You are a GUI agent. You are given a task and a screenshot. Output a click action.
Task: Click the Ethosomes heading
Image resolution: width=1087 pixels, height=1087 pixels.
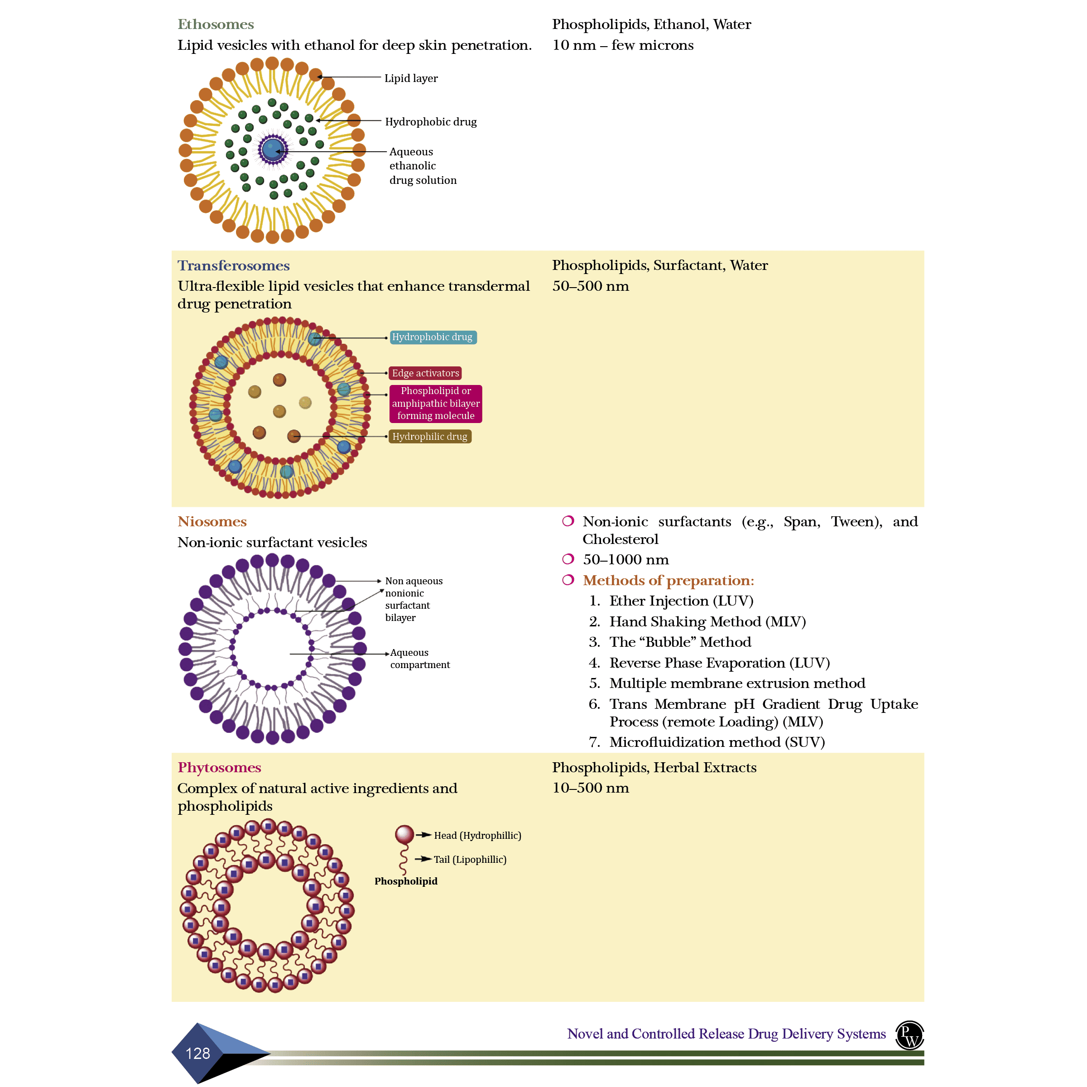tap(216, 24)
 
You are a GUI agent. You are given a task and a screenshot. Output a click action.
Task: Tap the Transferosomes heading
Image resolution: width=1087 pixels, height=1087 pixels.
tap(234, 265)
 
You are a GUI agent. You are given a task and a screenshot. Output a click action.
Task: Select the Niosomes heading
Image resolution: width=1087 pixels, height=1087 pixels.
tap(212, 522)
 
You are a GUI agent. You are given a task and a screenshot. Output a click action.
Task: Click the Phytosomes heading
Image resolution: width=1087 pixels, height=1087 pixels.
tap(219, 767)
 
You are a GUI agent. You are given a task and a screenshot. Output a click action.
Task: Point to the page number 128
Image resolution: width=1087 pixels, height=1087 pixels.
tap(197, 1053)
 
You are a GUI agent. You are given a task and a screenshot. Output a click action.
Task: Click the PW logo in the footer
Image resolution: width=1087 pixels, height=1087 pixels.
tap(909, 1035)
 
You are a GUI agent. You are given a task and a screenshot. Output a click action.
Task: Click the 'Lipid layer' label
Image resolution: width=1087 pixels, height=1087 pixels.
tap(411, 78)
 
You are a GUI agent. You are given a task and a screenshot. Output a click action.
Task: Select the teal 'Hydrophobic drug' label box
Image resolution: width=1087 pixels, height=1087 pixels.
tap(432, 337)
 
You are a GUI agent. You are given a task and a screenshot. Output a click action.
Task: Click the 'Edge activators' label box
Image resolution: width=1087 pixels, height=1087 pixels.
tap(425, 373)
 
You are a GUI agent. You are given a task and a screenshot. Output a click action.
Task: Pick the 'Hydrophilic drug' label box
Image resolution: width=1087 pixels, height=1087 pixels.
tap(430, 437)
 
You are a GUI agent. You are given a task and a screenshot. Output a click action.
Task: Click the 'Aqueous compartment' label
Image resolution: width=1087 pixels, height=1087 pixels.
tap(420, 658)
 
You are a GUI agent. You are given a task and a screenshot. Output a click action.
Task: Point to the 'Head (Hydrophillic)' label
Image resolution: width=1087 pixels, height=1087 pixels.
tap(477, 836)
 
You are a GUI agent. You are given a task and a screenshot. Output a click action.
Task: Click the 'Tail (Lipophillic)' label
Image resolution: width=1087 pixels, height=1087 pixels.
tap(470, 859)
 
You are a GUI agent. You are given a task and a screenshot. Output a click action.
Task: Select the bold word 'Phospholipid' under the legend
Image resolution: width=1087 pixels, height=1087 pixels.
tap(406, 881)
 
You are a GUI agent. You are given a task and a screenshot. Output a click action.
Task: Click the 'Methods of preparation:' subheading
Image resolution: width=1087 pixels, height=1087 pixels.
tap(668, 580)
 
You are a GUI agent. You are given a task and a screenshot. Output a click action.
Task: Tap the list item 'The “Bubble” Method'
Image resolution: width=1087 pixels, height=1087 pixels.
tap(680, 642)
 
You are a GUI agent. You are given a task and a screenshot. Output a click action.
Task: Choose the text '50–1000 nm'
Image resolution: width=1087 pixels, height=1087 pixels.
tap(625, 559)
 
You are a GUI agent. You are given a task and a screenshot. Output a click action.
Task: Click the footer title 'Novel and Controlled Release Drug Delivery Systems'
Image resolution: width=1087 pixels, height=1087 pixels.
tap(726, 1034)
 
